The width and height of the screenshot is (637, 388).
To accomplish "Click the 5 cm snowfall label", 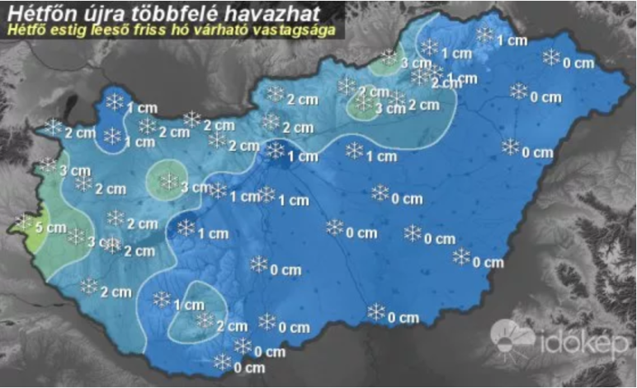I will coord(53,227).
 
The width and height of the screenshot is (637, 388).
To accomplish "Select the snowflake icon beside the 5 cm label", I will coord(26,223).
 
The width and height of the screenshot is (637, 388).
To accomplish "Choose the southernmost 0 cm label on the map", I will coord(248,367).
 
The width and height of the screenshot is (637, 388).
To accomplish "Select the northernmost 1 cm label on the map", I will coord(512,40).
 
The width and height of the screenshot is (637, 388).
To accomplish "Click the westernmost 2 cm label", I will coord(79,133).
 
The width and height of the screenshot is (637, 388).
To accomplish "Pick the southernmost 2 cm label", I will coord(231,326).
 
